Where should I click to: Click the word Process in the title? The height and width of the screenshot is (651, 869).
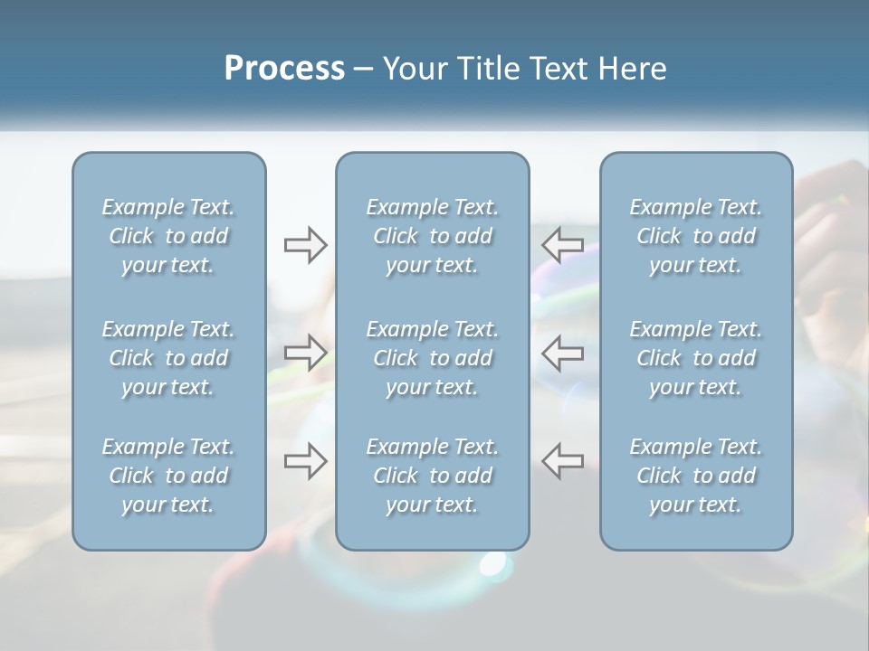[x=284, y=69]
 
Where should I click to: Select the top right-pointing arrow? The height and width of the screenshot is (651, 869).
[x=305, y=244]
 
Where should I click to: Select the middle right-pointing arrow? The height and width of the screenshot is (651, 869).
[x=305, y=352]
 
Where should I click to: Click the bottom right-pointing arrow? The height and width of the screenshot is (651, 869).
[x=305, y=461]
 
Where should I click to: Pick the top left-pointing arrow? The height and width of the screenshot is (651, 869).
[x=563, y=244]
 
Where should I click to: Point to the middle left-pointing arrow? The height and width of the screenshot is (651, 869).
[x=563, y=352]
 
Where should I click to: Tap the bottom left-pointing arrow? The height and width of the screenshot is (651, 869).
[x=563, y=461]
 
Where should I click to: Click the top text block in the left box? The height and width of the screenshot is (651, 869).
[x=168, y=236]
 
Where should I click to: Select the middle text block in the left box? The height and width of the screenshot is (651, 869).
[x=168, y=358]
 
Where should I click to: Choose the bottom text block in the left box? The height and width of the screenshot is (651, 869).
[x=168, y=476]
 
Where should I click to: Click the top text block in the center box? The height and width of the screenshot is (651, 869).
[x=433, y=236]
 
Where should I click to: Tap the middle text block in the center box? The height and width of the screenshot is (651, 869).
[x=433, y=358]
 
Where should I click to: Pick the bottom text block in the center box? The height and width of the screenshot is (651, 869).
[x=433, y=476]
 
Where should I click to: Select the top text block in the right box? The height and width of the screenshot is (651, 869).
[x=696, y=236]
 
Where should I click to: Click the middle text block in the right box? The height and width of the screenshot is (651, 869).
[x=696, y=358]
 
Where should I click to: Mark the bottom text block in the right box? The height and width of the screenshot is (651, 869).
[x=696, y=476]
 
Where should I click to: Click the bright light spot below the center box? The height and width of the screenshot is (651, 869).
[x=492, y=564]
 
